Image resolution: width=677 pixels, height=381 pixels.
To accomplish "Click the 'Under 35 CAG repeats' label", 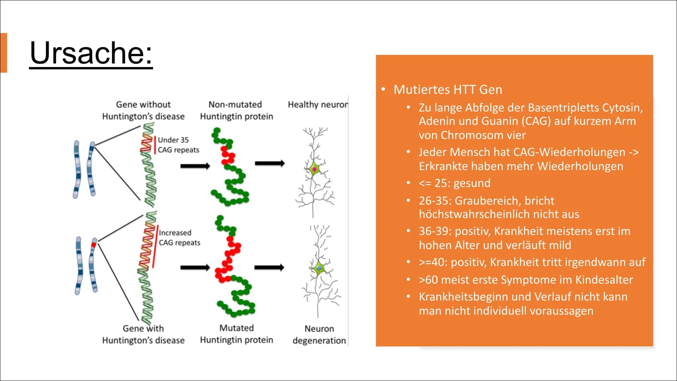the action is point(178,145).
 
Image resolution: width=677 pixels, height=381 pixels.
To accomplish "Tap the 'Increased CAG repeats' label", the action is point(179,238).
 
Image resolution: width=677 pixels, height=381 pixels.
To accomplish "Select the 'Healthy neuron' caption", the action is point(318,104).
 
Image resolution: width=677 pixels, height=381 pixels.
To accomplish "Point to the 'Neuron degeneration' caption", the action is point(319,334).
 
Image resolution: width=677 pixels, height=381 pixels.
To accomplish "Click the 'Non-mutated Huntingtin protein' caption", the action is point(236,110).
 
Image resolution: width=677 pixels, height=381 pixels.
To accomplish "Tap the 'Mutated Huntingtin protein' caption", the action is point(236,334).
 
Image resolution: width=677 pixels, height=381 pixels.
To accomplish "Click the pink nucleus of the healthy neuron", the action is point(314,169).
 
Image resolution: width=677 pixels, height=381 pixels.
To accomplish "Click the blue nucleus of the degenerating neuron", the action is point(319,268).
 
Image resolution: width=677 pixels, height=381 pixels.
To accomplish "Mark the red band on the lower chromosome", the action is point(94,244).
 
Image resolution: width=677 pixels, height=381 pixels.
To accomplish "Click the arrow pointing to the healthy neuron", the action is point(270,163).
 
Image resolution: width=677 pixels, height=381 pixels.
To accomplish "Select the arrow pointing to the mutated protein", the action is point(195,268).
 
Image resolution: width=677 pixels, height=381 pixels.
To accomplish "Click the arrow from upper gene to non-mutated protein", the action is point(195,166).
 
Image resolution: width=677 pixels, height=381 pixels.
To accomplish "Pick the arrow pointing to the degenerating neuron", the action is point(269,267).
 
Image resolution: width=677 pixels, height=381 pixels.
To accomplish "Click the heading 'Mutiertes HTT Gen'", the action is point(448,90).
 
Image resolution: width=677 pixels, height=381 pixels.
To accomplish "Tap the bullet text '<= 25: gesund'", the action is point(455,183).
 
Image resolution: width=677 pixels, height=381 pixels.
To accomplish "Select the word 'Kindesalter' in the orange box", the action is point(604,279).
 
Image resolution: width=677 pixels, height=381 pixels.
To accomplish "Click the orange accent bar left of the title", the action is point(4,53).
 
